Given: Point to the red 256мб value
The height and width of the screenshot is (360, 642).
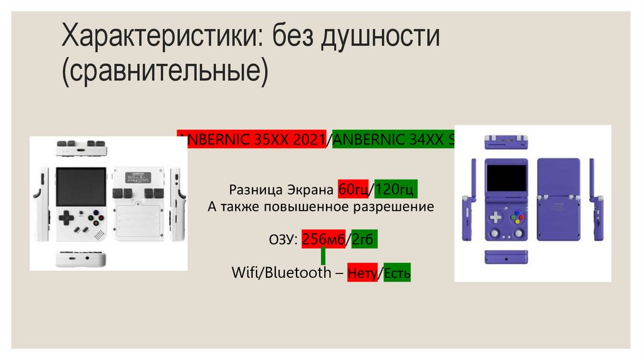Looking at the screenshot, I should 325,240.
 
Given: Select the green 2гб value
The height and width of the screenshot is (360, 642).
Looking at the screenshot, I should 365,240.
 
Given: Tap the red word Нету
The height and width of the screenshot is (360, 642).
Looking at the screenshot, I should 362,273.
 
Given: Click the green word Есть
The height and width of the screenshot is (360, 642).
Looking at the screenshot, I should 396,273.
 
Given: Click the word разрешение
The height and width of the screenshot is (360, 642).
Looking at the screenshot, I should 396,206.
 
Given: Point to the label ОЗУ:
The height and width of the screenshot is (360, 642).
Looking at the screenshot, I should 282,240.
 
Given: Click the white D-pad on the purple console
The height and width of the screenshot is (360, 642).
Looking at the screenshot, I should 495,217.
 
